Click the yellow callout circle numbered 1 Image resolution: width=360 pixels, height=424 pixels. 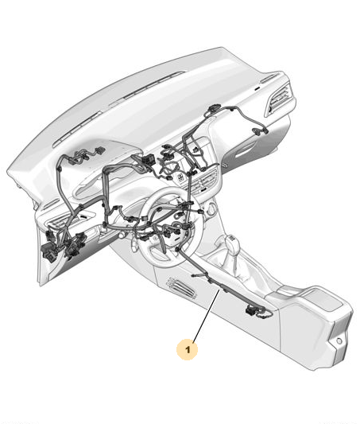click(x=188, y=349)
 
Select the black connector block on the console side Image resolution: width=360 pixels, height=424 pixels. click(x=252, y=310)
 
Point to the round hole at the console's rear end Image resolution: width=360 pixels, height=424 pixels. click(x=339, y=341)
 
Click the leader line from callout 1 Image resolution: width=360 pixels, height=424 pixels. click(x=206, y=314)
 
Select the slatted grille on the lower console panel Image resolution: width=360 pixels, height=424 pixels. click(x=181, y=288)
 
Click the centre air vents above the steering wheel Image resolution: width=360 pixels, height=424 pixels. click(x=205, y=180)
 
